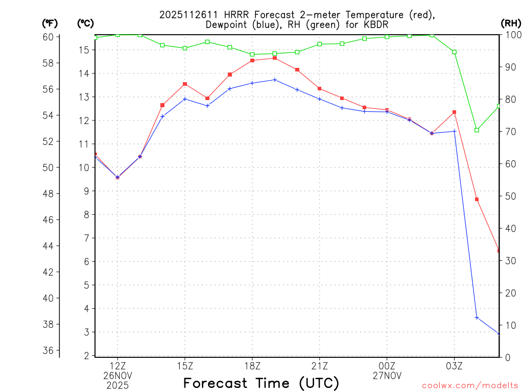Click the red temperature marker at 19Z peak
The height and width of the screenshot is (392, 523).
pos(275,58)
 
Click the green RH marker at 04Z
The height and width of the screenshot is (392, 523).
pos(477,130)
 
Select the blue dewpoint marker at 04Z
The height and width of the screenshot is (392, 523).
pos(477,317)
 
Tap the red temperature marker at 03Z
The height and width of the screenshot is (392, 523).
pos(454,112)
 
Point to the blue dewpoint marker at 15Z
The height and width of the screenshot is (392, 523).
pos(185,99)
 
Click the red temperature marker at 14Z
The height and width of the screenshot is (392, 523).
pos(162,105)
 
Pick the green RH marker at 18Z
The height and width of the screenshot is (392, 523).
pos(252,54)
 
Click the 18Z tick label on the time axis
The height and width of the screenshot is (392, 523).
pos(252,365)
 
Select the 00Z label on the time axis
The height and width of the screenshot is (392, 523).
pos(387,365)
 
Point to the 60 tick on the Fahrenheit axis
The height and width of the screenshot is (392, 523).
pos(48,37)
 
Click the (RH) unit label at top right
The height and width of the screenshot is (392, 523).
pos(510,23)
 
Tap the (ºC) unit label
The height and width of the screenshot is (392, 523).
pos(85,23)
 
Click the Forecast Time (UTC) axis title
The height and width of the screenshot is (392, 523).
pos(261,383)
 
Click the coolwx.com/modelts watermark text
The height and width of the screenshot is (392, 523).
pos(470,385)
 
